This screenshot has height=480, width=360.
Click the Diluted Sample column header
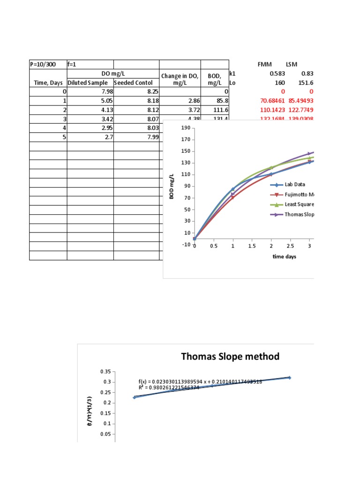90,83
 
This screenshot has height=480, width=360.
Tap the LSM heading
293,64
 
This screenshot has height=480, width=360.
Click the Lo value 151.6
305,82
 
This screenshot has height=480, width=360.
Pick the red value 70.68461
264,101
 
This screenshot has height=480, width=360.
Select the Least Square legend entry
299,204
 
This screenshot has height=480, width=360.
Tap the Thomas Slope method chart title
230,357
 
